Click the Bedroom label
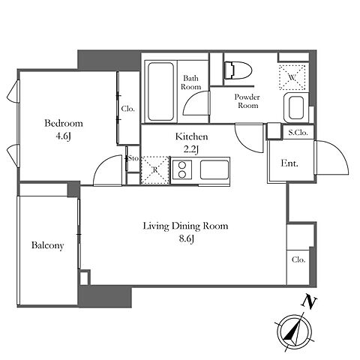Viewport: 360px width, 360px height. [64, 123]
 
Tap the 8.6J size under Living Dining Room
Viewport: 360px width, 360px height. [187, 239]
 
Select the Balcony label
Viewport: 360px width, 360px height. [47, 245]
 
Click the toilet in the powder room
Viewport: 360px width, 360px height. [238, 70]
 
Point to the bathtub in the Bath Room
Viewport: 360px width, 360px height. [160, 91]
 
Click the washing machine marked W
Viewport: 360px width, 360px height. [292, 77]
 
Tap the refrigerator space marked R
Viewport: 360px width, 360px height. [155, 170]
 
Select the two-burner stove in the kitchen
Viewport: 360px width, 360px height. [182, 169]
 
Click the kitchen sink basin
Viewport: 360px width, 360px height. [214, 170]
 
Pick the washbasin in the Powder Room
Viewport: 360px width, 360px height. [296, 107]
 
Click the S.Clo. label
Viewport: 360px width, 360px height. [298, 133]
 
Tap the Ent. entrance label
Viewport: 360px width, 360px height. [289, 163]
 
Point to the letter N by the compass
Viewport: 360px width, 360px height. [309, 302]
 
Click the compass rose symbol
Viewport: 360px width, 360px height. [295, 332]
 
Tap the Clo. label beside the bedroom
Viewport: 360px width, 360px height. [127, 109]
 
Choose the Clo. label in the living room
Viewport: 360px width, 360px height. [298, 259]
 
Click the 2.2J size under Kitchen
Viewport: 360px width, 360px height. [191, 149]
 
